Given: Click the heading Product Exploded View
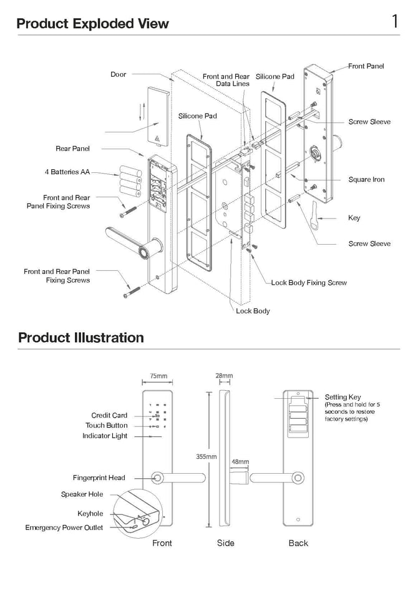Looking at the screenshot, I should (x=92, y=24).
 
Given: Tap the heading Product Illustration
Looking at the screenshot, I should (x=80, y=338).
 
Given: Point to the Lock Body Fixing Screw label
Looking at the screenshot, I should (x=308, y=283).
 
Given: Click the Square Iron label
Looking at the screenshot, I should (x=366, y=180).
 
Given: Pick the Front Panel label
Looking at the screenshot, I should (x=366, y=66).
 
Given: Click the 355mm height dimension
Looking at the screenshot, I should (x=206, y=457).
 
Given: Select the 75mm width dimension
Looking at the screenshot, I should (x=158, y=376).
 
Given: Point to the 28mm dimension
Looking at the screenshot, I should (x=223, y=376).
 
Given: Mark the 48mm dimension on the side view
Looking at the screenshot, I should (x=240, y=462).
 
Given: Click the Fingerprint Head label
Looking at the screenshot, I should (x=99, y=478).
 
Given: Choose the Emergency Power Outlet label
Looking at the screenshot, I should (x=64, y=527).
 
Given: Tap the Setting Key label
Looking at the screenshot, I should (x=343, y=397).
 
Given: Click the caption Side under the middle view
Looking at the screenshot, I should (x=225, y=543).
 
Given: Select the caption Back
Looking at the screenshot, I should (x=298, y=543).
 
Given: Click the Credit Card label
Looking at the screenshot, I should (x=109, y=415).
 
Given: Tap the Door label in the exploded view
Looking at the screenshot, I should (x=118, y=74).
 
